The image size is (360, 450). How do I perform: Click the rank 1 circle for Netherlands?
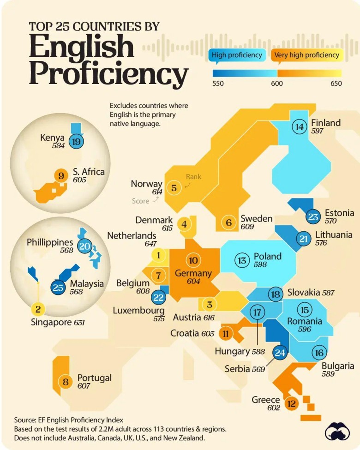pyautogui.click(x=158, y=255)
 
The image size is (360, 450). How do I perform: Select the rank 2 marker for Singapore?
pyautogui.click(x=38, y=309)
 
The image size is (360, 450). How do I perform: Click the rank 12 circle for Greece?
pyautogui.click(x=291, y=404)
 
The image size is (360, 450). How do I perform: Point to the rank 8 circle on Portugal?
pyautogui.click(x=66, y=382)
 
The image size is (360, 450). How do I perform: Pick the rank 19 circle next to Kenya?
pyautogui.click(x=76, y=141)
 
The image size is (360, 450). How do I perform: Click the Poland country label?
pyautogui.click(x=267, y=256)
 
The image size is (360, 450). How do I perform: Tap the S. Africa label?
pyautogui.click(x=89, y=172)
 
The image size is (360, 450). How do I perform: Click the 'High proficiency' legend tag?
pyautogui.click(x=237, y=55)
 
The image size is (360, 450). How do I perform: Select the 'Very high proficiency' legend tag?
pyautogui.click(x=306, y=55)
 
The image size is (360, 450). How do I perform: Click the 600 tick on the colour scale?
pyautogui.click(x=277, y=84)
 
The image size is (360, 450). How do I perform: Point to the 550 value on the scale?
pyautogui.click(x=218, y=84)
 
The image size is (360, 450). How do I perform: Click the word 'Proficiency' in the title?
pyautogui.click(x=108, y=73)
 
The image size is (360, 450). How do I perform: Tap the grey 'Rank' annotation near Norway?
pyautogui.click(x=193, y=176)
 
